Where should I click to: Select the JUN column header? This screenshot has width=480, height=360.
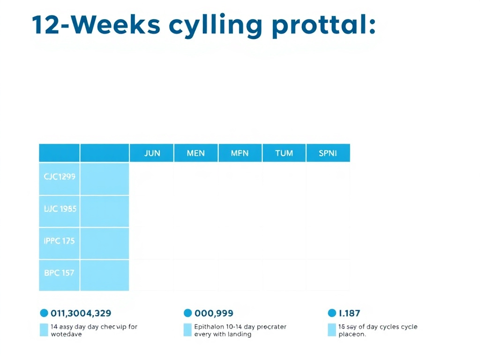pos(152,153)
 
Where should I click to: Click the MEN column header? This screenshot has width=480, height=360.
pos(195,153)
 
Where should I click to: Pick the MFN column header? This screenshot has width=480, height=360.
pos(240,153)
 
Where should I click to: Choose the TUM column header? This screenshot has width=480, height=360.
pos(284,153)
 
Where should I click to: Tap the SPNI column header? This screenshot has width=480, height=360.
pos(328,153)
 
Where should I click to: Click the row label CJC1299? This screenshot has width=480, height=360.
pos(60,177)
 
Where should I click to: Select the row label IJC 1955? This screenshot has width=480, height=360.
pos(60,209)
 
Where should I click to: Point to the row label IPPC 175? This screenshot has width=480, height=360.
pos(60,241)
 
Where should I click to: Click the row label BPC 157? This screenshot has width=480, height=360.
pos(60,273)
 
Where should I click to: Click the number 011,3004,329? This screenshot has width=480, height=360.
pos(81,313)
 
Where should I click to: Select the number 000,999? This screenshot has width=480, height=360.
pos(214,313)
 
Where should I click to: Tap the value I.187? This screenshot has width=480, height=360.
pos(349,313)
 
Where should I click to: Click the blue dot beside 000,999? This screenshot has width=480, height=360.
pos(188,313)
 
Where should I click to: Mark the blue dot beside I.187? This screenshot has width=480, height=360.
pos(332,313)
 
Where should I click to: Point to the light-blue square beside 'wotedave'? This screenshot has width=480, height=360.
pos(44,330)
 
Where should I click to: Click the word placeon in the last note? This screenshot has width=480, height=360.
pos(352,335)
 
